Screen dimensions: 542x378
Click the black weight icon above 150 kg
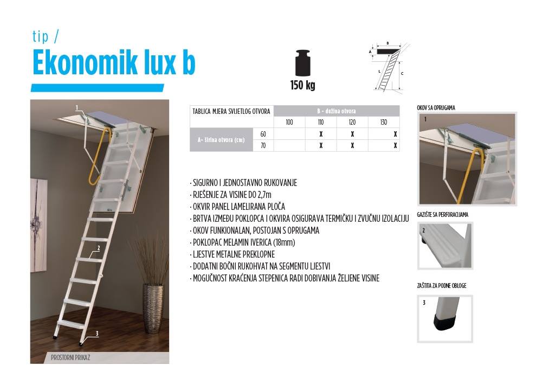303,63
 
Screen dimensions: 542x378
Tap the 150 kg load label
303,85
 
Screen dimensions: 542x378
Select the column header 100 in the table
289,122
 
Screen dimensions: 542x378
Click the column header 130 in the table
384,122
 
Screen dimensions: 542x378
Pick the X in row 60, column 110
321,134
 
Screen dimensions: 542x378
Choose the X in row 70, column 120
352,145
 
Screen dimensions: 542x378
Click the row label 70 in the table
263,145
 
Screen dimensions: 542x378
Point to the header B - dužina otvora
337,111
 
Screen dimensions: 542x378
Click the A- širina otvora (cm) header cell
221,140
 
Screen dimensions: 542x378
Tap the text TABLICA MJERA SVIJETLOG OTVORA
231,111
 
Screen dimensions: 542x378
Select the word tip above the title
41,36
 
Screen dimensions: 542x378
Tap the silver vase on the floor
153,309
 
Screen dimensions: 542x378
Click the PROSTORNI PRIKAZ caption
70,357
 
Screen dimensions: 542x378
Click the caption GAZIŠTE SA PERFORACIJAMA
442,215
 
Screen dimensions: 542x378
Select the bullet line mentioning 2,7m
230,195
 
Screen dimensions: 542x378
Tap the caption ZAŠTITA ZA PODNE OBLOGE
442,286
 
